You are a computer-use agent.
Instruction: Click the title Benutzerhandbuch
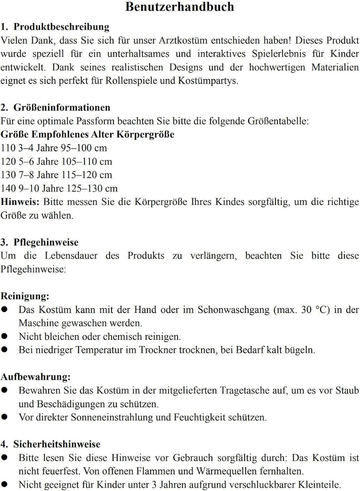[179, 7]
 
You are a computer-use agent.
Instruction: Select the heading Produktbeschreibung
[61, 26]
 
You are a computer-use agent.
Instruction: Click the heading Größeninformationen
[62, 107]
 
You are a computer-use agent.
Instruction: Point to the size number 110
[8, 148]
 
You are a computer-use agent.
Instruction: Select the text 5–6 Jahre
[38, 162]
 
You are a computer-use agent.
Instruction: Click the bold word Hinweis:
[20, 202]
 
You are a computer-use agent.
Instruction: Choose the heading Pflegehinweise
[46, 242]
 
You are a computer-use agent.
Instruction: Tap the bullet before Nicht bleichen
[4, 336]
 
